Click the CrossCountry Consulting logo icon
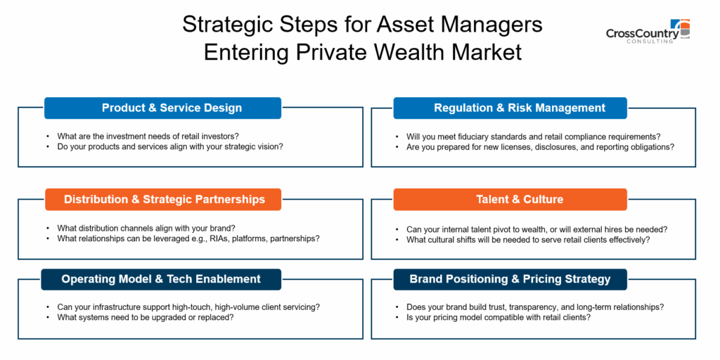coord(680,29)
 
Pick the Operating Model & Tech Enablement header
coord(161,279)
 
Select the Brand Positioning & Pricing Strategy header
coord(510,279)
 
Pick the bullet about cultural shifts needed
coord(527,239)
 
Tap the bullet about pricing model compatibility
coord(500,317)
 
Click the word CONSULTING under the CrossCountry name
coord(650,41)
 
